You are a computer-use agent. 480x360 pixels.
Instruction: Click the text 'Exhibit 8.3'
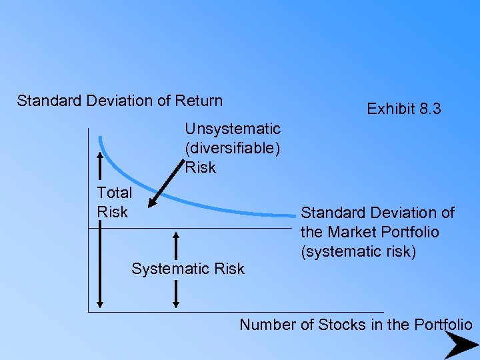click(404, 109)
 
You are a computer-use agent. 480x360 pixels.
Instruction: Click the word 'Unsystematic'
click(233, 127)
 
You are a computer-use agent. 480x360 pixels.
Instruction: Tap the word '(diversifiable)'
click(233, 147)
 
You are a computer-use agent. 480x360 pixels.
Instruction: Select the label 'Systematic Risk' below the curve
click(188, 269)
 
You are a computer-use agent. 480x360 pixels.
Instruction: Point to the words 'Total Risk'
click(114, 202)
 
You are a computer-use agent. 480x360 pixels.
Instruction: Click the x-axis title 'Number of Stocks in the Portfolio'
click(356, 325)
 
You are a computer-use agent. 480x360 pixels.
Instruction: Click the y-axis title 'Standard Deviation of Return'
click(120, 101)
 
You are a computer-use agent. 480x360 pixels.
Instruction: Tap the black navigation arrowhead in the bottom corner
click(461, 345)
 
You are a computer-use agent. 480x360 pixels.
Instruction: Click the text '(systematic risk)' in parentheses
click(358, 251)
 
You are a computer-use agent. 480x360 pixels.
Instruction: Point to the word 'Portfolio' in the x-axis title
click(443, 325)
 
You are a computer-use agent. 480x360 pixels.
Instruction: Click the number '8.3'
click(428, 109)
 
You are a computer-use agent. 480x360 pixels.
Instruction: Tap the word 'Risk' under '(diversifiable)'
click(201, 167)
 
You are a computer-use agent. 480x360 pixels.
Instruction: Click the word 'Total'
click(115, 193)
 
